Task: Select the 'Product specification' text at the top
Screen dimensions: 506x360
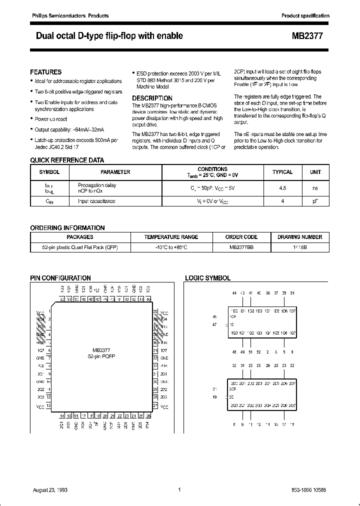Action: coord(305,16)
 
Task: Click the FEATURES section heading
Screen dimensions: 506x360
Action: coord(46,72)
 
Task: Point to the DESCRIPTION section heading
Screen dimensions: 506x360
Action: coord(152,98)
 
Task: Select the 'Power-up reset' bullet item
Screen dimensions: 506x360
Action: coord(50,119)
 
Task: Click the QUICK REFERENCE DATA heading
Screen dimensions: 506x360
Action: coord(67,160)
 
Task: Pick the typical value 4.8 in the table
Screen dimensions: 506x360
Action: coord(282,189)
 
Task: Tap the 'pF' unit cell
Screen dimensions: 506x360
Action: coord(315,201)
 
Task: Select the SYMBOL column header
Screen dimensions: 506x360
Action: coord(49,172)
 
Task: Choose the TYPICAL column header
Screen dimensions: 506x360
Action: coord(282,172)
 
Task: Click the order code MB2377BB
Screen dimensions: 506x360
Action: coord(241,247)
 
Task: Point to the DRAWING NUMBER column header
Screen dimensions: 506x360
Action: coord(300,237)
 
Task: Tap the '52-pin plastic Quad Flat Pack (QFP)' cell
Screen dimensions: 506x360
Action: coord(80,247)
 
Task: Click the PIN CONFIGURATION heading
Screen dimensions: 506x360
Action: coord(60,278)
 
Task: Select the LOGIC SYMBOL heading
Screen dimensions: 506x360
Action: coord(207,278)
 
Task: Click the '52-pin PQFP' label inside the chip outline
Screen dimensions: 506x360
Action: coord(101,355)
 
